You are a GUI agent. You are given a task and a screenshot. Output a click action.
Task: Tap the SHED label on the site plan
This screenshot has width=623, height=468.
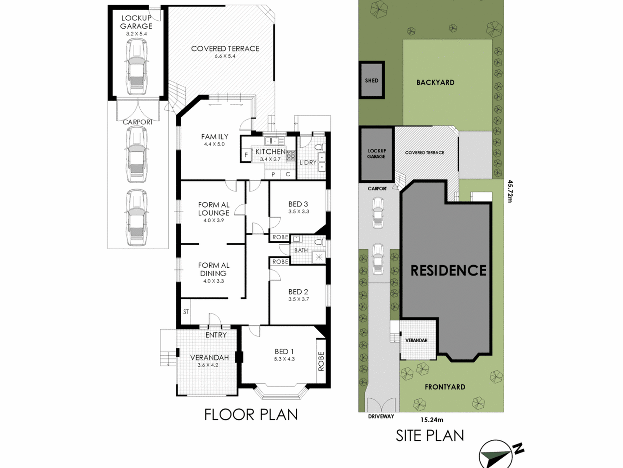tap(372, 80)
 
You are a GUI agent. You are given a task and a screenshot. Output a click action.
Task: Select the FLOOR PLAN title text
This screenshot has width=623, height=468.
tap(251, 414)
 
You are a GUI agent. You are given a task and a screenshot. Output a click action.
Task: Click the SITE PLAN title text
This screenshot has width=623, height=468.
tap(430, 435)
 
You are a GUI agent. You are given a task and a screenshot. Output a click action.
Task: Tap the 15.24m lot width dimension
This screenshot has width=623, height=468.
tap(432, 419)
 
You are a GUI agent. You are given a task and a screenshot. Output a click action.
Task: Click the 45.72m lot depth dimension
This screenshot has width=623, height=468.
tap(510, 191)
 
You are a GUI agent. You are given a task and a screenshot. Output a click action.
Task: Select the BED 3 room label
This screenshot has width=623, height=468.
tap(298, 204)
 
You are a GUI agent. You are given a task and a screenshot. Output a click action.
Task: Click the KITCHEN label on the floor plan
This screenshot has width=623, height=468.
tap(271, 151)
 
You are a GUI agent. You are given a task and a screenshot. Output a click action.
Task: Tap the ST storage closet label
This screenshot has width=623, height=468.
tap(186, 312)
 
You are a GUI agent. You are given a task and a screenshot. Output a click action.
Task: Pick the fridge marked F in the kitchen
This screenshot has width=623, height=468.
tap(246, 155)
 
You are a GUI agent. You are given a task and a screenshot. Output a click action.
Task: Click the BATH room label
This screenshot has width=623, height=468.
tap(301, 250)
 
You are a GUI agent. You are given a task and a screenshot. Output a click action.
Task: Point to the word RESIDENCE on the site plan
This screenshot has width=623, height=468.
tap(449, 270)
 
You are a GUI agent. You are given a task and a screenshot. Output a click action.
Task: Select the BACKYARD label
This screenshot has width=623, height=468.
tap(435, 82)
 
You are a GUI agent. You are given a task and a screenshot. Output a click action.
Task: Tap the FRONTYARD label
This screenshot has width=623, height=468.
tap(445, 387)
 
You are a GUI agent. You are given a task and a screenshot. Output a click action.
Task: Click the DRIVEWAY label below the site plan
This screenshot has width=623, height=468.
tap(381, 416)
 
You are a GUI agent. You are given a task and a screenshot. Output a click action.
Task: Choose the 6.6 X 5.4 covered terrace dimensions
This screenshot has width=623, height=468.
tap(225, 56)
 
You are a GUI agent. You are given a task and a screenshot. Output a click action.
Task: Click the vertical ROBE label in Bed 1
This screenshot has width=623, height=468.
tap(321, 361)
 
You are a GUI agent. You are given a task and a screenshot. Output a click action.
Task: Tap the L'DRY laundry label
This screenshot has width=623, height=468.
tap(308, 162)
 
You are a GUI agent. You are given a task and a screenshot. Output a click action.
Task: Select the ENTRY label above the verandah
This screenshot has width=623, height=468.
tap(216, 335)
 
